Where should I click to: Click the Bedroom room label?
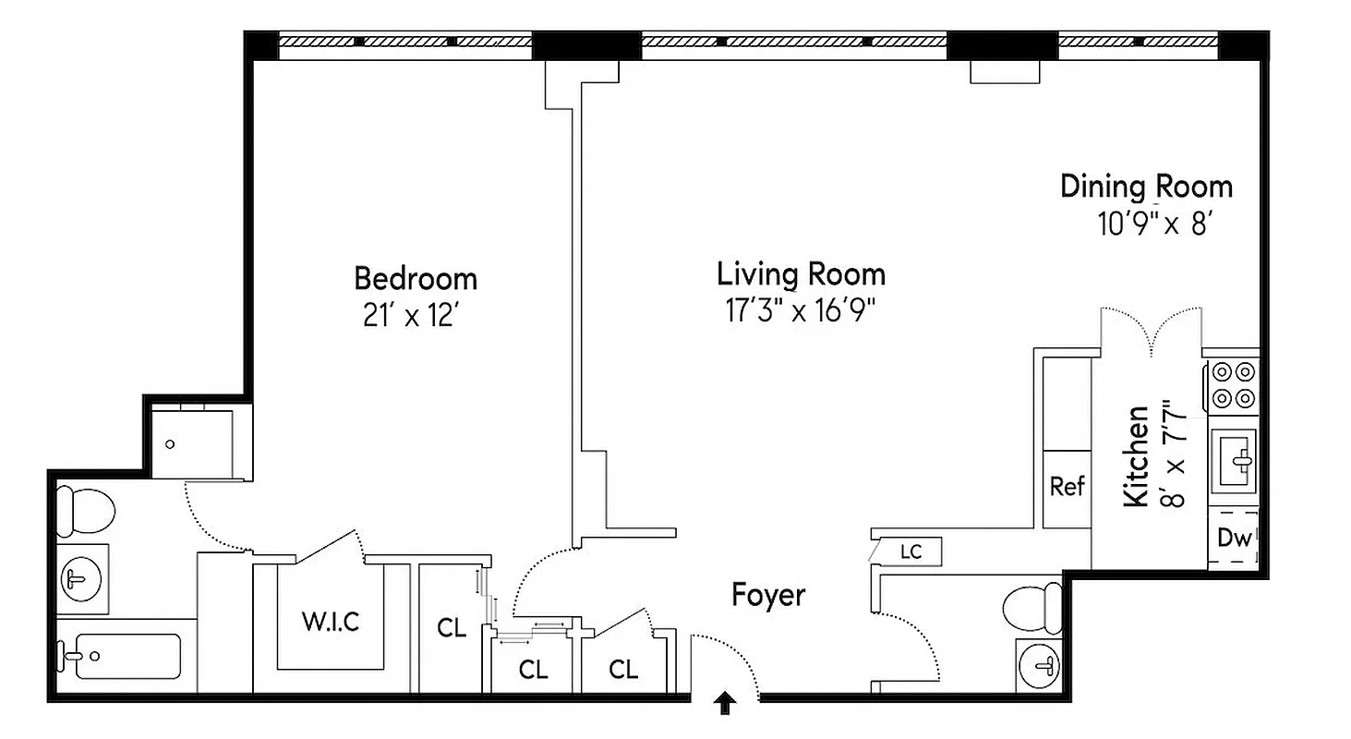pyautogui.click(x=416, y=278)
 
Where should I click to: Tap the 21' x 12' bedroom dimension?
pyautogui.click(x=411, y=316)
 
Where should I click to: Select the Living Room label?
pyautogui.click(x=801, y=274)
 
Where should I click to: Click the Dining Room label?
pyautogui.click(x=1145, y=187)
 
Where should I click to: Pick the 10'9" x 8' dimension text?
pyautogui.click(x=1153, y=225)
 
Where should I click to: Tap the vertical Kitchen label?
pyautogui.click(x=1137, y=455)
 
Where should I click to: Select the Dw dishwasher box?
pyautogui.click(x=1233, y=538)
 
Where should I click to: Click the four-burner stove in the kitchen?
pyautogui.click(x=1234, y=384)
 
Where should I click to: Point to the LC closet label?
pyautogui.click(x=911, y=552)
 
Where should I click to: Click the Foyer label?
pyautogui.click(x=768, y=596)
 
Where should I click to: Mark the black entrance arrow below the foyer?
pyautogui.click(x=726, y=705)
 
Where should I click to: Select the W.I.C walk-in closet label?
pyautogui.click(x=330, y=622)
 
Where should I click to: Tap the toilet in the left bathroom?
pyautogui.click(x=84, y=510)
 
